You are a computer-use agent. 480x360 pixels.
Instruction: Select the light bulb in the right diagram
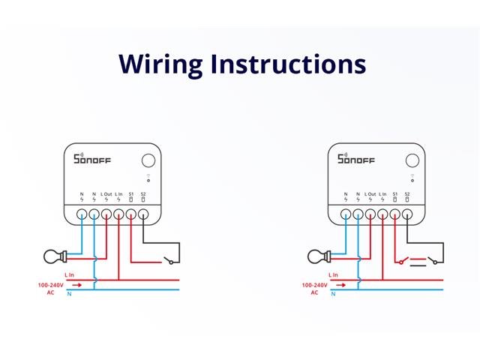317,257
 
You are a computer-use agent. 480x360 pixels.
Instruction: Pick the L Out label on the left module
106,194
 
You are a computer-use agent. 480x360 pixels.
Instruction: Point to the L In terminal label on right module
382,194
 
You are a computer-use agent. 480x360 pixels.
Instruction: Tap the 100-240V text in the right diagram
315,286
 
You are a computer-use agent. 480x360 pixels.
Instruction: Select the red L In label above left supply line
70,275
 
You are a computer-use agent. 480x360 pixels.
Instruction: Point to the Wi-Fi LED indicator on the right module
412,178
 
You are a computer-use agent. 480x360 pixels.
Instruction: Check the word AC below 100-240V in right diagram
315,292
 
